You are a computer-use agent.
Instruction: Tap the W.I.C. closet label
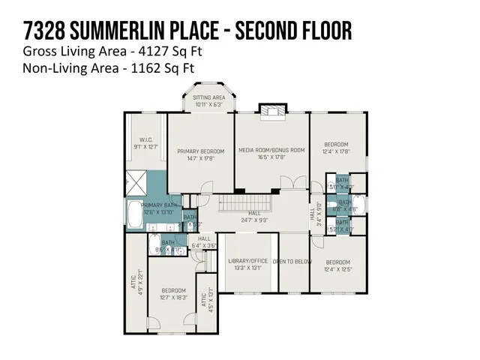[145, 143]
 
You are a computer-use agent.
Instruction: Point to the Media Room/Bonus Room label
[271, 154]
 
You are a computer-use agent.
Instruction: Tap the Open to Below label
[293, 261]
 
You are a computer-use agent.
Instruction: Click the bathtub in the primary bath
[132, 215]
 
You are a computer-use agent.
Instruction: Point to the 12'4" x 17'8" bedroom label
[335, 148]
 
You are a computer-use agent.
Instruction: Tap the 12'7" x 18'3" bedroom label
[173, 295]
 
